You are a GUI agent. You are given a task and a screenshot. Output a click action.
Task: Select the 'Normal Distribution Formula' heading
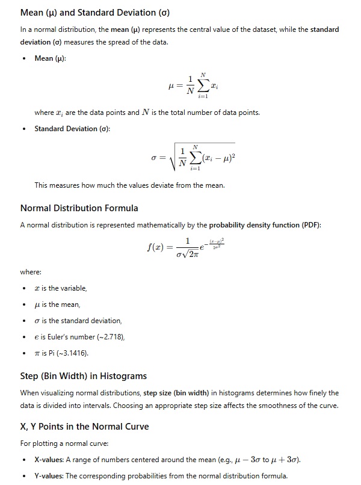click(79, 208)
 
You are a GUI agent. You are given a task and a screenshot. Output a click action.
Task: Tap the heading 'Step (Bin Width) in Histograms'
click(84, 376)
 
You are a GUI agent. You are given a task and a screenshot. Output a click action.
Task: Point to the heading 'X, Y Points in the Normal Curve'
click(85, 427)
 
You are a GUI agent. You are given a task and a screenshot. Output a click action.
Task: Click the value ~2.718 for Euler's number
click(109, 336)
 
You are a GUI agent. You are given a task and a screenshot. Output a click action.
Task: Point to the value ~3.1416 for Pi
click(78, 353)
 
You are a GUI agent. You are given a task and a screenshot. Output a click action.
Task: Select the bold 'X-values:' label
click(49, 460)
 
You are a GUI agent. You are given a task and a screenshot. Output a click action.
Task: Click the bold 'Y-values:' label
click(49, 477)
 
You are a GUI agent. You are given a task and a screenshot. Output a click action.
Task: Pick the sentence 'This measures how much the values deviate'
click(129, 185)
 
